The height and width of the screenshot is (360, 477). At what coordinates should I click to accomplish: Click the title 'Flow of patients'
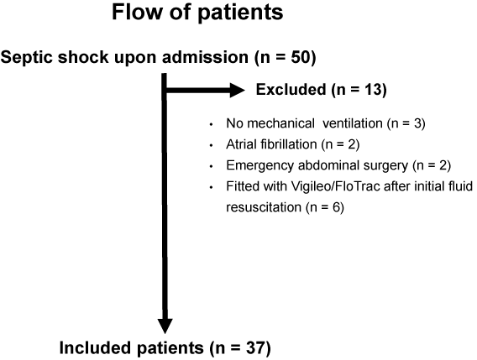point(197,13)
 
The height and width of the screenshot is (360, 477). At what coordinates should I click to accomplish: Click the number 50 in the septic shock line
point(301,57)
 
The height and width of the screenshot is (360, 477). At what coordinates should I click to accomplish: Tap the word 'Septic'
point(28,58)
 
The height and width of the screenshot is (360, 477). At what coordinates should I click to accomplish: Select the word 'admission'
point(205,57)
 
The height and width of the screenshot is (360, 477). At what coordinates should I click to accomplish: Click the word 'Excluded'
point(291,90)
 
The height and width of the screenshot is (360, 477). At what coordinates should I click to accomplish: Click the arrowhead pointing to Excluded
point(237,90)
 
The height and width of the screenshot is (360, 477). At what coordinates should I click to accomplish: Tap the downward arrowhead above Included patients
point(165,326)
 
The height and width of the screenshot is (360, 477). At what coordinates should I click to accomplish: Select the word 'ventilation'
point(352,123)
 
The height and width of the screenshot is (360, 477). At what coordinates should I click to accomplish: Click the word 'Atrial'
point(241,144)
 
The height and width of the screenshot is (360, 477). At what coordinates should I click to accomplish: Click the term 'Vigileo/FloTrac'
point(335,186)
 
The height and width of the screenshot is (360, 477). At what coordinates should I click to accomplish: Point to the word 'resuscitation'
point(264,207)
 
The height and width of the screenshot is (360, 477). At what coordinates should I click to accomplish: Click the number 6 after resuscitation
point(336,207)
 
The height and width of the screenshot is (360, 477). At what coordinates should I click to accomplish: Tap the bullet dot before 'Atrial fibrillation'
point(211,145)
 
